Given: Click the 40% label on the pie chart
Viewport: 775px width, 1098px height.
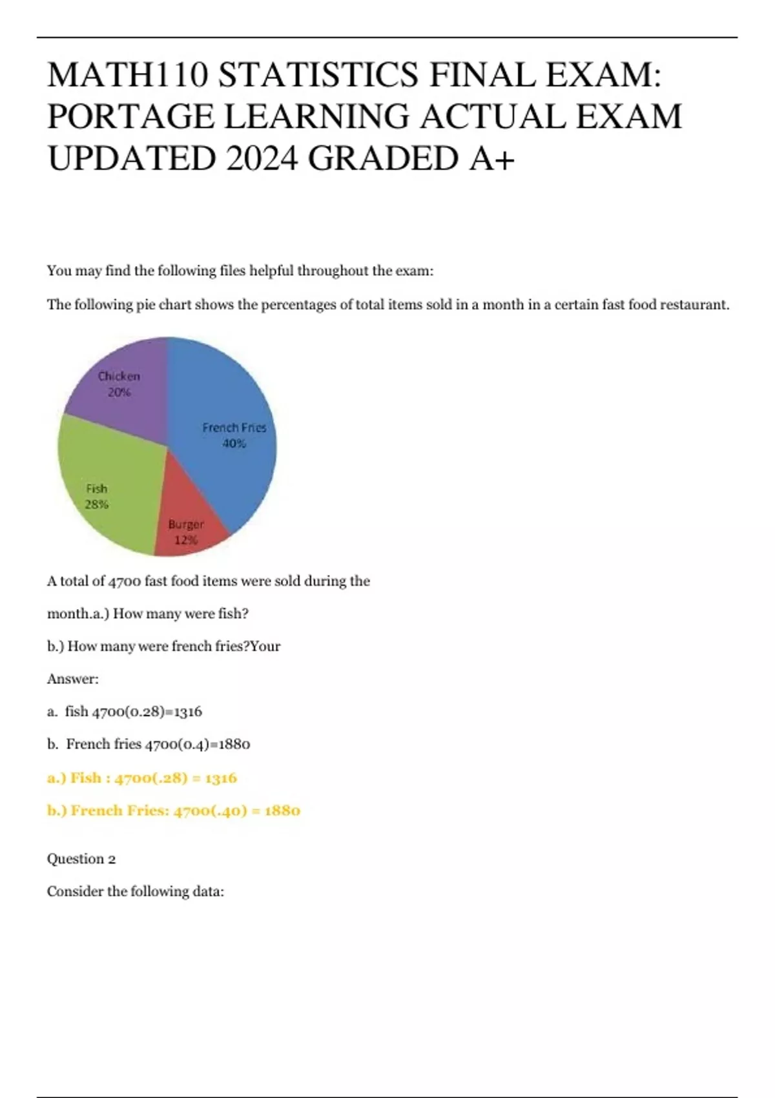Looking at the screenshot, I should pyautogui.click(x=234, y=444).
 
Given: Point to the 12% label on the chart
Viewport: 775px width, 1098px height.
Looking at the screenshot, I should pyautogui.click(x=186, y=540).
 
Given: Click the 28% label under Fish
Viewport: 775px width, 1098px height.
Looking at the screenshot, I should pyautogui.click(x=97, y=504).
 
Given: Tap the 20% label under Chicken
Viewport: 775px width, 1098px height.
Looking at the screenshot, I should pyautogui.click(x=119, y=392).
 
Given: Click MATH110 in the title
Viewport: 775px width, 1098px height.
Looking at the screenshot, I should pyautogui.click(x=128, y=75).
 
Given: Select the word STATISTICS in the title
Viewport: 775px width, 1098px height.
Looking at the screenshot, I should pyautogui.click(x=318, y=75).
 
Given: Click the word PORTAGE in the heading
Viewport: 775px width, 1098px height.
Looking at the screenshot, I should pyautogui.click(x=131, y=117).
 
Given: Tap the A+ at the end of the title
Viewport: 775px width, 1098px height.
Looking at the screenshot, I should pyautogui.click(x=492, y=159).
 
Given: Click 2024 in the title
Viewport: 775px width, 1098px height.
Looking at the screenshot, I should pyautogui.click(x=262, y=159).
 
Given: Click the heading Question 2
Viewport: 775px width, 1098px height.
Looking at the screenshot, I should pyautogui.click(x=81, y=859).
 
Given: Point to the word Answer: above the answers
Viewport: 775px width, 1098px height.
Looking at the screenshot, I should pyautogui.click(x=73, y=679).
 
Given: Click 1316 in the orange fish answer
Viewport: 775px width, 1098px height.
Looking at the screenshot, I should pyautogui.click(x=220, y=778).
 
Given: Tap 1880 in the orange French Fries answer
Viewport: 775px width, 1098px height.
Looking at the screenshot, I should pyautogui.click(x=282, y=811).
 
